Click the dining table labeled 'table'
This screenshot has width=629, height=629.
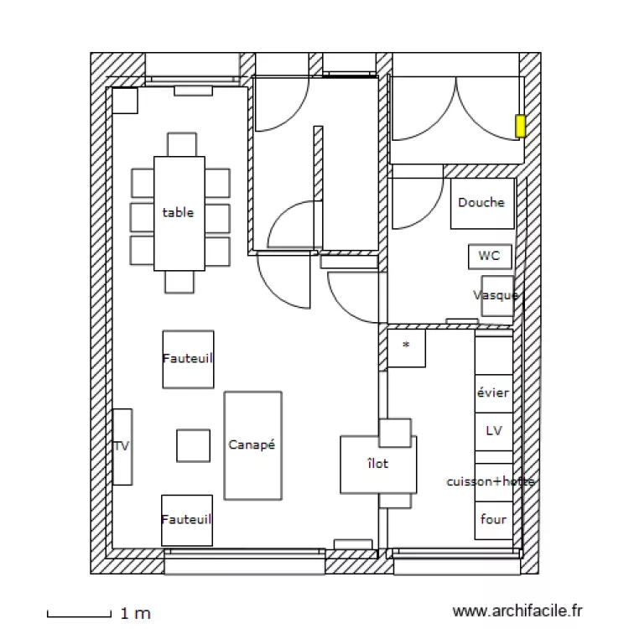[x=179, y=213]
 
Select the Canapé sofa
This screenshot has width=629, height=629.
[x=252, y=445]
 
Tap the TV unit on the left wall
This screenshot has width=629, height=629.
[x=122, y=446]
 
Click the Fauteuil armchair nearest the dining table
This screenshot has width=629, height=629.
[x=188, y=358]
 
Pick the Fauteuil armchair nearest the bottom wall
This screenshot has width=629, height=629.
[x=187, y=520]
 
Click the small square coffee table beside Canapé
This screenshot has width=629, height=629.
[x=193, y=445]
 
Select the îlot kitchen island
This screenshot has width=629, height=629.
[x=377, y=464]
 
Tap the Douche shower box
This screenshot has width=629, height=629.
[x=481, y=203]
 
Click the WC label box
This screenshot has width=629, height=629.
[x=489, y=256]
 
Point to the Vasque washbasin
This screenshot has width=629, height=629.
[x=496, y=295]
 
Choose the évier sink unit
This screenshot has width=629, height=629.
[x=493, y=392]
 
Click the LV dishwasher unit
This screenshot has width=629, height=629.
[x=493, y=431]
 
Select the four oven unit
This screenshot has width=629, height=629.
[x=493, y=520]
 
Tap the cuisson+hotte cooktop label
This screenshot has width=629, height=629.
[x=491, y=481]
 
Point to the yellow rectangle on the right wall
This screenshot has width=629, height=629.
[x=520, y=126]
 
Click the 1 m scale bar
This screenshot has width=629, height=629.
[x=80, y=614]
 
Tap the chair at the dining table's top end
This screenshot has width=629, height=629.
[x=181, y=144]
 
